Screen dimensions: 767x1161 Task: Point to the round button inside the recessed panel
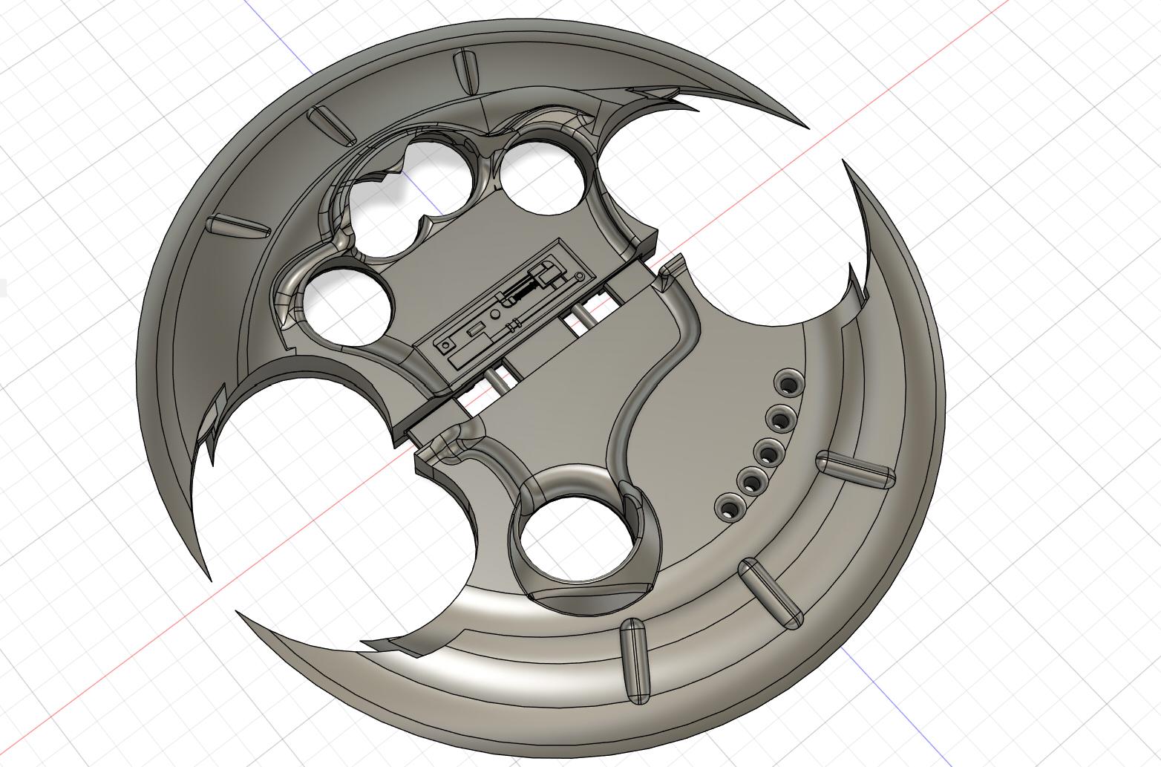pyautogui.click(x=495, y=315)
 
